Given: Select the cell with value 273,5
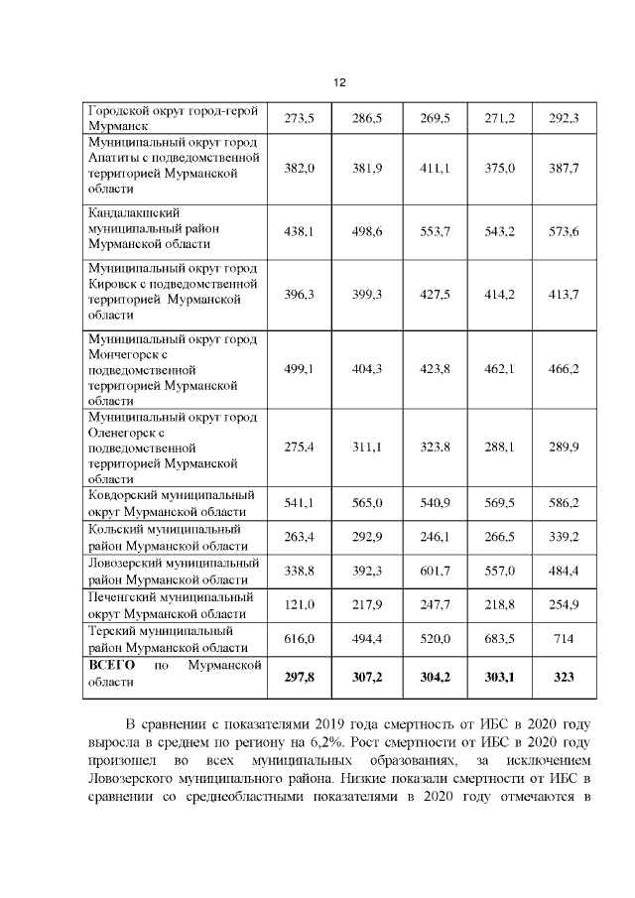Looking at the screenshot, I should pyautogui.click(x=299, y=119).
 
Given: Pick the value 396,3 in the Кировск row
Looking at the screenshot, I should pyautogui.click(x=299, y=294).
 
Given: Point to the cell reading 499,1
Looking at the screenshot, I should pyautogui.click(x=299, y=369).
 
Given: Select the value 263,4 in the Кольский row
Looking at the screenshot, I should pyautogui.click(x=299, y=537).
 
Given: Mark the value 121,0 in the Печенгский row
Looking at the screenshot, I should pyautogui.click(x=299, y=604).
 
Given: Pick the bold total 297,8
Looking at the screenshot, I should pyautogui.click(x=299, y=677).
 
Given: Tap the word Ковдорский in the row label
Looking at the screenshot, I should pyautogui.click(x=124, y=494).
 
